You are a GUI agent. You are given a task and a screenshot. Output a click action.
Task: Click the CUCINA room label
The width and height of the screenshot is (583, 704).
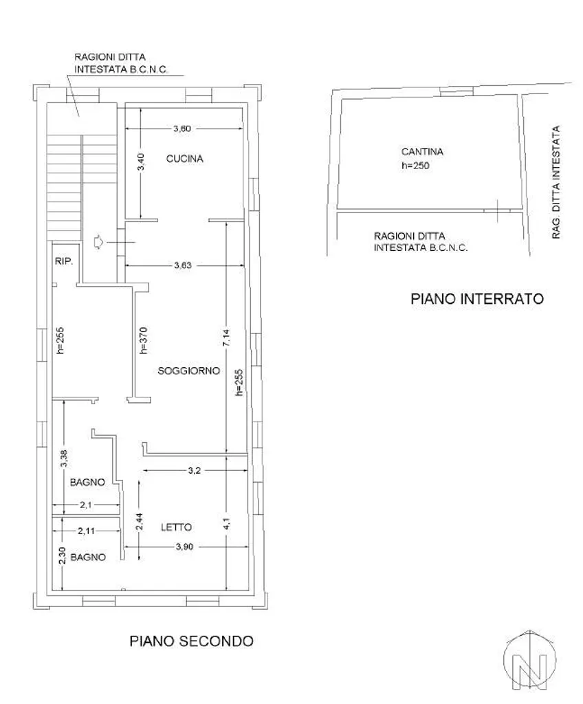click(185, 159)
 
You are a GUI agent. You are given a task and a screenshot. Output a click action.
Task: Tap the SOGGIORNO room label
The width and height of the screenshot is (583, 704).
click(188, 371)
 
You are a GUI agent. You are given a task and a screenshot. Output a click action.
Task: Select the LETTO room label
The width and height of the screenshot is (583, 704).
click(176, 527)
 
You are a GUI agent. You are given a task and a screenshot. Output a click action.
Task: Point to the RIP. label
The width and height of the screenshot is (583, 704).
click(64, 261)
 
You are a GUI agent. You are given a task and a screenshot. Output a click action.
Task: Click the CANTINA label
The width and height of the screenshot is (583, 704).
click(422, 152)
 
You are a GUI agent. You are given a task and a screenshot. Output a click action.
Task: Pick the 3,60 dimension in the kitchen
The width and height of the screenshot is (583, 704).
click(182, 129)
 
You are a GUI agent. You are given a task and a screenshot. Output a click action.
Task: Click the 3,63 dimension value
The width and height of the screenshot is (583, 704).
click(183, 265)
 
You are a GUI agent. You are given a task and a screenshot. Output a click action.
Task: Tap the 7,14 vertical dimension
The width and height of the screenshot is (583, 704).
click(226, 337)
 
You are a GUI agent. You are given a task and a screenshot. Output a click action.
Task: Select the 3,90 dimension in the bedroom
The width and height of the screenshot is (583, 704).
click(184, 547)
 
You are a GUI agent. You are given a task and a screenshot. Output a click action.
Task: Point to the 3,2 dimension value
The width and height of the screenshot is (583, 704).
click(194, 470)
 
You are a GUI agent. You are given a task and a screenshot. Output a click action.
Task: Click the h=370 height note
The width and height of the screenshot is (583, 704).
click(144, 340)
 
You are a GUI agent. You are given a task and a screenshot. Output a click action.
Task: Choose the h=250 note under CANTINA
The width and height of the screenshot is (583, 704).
click(415, 165)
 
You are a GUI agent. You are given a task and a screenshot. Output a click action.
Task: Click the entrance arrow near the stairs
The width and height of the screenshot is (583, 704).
click(98, 242)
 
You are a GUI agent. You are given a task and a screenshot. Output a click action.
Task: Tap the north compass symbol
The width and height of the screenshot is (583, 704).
click(529, 659)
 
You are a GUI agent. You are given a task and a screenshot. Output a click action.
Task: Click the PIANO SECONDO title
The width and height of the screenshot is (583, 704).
click(191, 641)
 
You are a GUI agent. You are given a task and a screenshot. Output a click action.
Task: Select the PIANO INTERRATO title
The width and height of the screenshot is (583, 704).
click(477, 298)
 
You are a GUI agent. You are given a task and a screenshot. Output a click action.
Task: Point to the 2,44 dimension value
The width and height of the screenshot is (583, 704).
click(140, 522)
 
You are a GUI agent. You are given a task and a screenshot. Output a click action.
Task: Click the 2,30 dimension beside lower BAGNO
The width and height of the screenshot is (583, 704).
click(63, 555)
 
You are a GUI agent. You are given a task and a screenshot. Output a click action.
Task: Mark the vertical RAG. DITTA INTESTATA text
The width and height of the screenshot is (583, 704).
click(556, 181)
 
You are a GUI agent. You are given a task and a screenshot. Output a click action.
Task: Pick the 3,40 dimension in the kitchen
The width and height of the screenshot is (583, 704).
click(141, 162)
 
